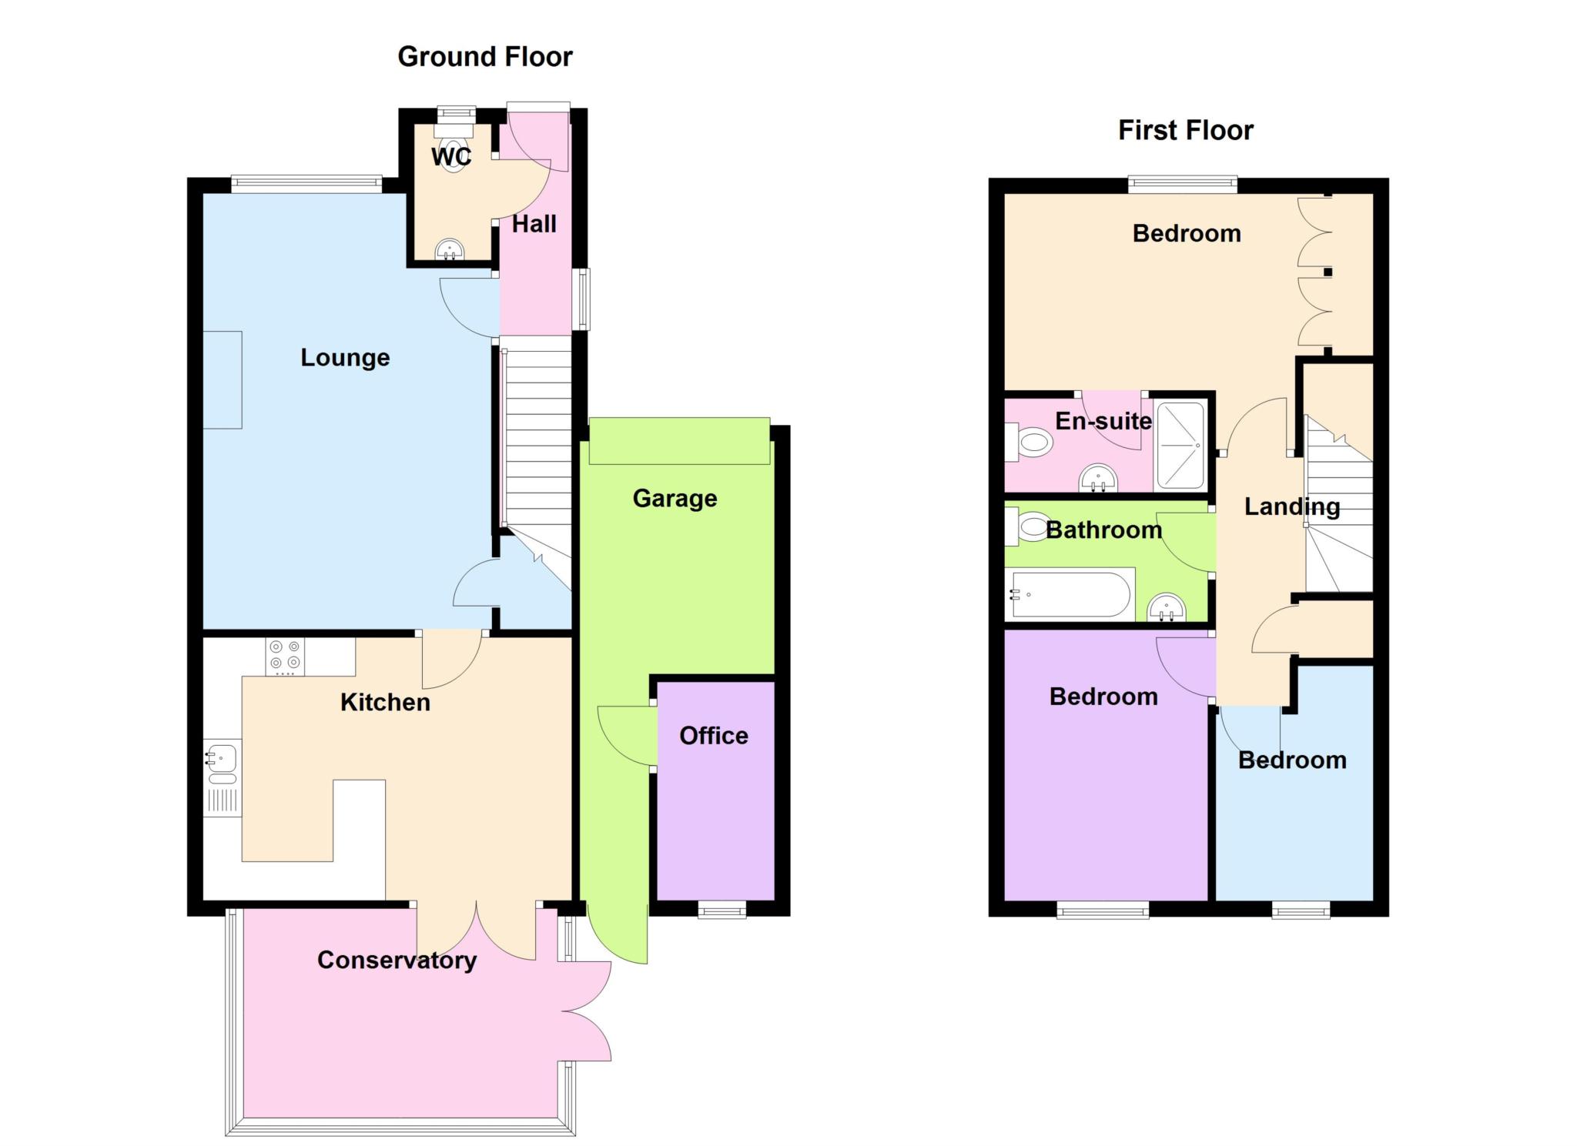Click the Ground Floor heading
coord(485,57)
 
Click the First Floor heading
coord(1186,130)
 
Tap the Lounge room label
coord(345,358)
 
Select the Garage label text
coord(675,499)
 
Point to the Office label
coord(714,736)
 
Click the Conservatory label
coord(397,961)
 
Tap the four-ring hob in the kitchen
coord(285,657)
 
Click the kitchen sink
coord(223,777)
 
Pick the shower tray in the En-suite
coord(1180,445)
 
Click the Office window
coord(722,910)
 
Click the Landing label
coord(1292,506)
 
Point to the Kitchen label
coord(385,702)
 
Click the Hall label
coord(534,224)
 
